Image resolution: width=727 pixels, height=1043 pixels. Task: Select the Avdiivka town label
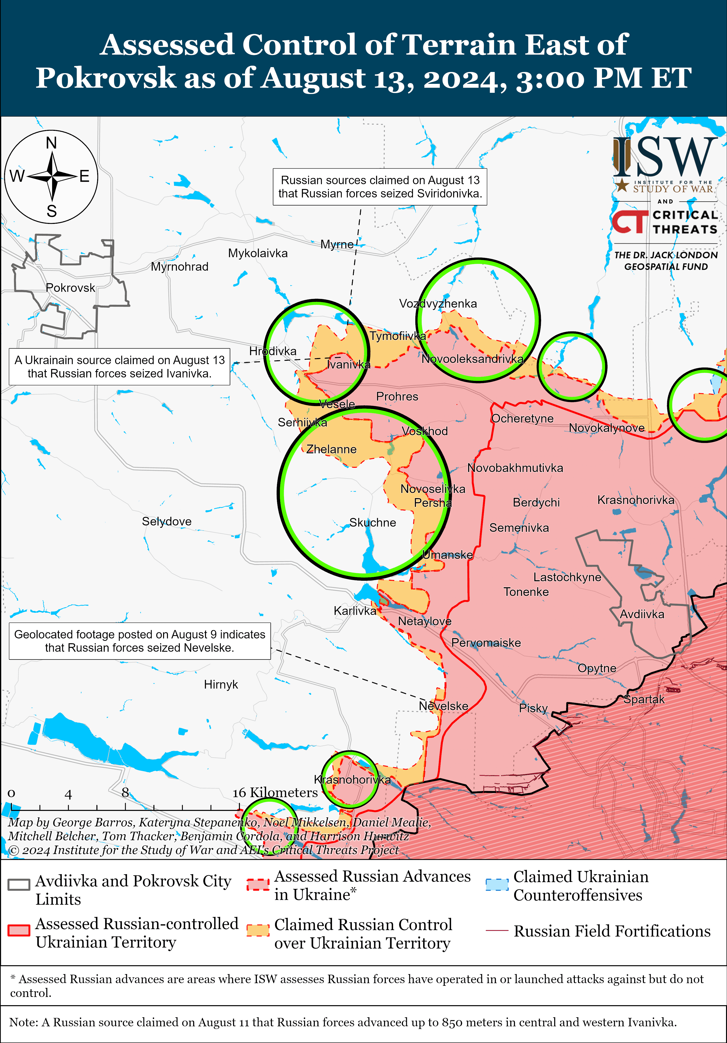[x=642, y=614]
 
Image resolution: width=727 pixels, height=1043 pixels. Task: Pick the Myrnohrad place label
[x=180, y=267]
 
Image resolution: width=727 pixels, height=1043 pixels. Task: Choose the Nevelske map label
[x=443, y=706]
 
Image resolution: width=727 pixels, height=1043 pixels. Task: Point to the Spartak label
[x=644, y=699]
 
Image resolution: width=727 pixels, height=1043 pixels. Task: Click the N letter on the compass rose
[x=51, y=143]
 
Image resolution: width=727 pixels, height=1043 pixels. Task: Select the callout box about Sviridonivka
[x=380, y=187]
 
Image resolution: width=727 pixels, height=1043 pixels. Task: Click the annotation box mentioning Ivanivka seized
[x=119, y=367]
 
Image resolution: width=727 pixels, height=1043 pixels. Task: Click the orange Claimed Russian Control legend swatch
[x=258, y=930]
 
